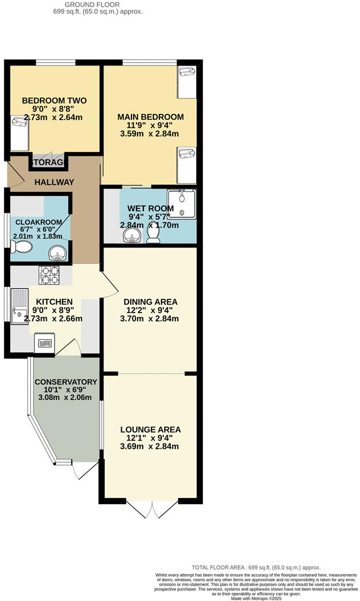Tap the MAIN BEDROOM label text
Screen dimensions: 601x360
point(151,117)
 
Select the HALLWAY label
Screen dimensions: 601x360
point(54,182)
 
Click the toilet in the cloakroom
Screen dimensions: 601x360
point(22,246)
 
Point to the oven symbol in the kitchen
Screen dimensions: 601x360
point(44,344)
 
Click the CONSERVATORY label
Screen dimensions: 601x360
point(65,381)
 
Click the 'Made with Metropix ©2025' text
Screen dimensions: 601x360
point(256,598)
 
